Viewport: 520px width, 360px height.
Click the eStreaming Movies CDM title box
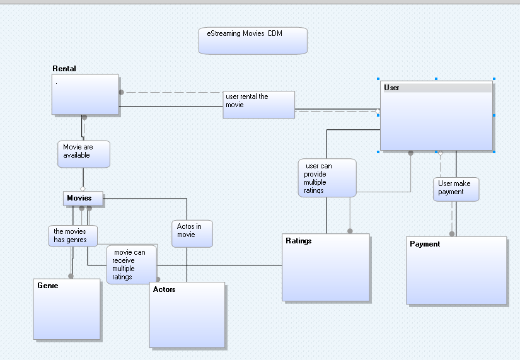click(x=253, y=40)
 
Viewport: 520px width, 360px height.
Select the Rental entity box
click(x=85, y=95)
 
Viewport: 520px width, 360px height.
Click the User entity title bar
click(x=437, y=88)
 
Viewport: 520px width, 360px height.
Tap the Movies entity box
click(x=82, y=198)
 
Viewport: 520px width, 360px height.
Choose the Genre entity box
click(x=67, y=309)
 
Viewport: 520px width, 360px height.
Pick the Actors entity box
click(x=187, y=315)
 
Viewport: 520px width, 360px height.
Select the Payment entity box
click(x=456, y=270)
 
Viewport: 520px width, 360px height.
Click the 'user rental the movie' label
click(x=258, y=104)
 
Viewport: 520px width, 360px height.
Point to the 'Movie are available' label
click(x=84, y=154)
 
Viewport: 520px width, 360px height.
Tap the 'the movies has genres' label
click(x=73, y=235)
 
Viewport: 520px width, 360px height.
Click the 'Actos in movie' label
click(x=192, y=233)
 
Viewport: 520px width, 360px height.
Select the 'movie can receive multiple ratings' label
click(x=131, y=264)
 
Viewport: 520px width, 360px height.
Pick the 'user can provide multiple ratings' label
click(x=326, y=178)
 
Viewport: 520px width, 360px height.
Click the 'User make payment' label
click(x=456, y=189)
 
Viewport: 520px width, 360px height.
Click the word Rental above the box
click(x=64, y=69)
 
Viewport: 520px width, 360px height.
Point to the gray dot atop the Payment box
click(x=452, y=234)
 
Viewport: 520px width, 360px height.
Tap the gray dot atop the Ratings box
click(x=350, y=231)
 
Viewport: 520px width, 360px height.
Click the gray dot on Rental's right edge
click(x=121, y=92)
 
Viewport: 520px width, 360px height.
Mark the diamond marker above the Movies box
click(x=82, y=188)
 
